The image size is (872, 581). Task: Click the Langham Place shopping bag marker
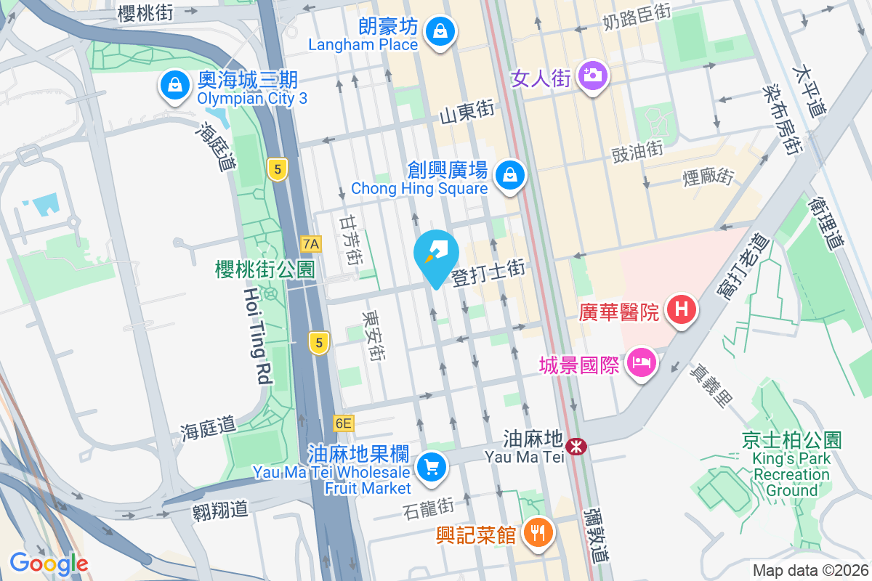440,31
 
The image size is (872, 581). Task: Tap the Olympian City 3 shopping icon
175,85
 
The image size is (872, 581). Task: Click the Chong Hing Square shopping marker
510,175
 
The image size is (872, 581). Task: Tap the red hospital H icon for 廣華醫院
681,309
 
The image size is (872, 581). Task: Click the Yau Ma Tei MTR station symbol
577,446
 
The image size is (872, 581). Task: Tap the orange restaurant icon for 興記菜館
538,534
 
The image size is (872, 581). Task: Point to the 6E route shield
344,423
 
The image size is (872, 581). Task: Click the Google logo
49,563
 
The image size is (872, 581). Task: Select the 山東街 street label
467,113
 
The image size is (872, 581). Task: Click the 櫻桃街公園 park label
265,269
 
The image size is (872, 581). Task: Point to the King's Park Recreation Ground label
791,465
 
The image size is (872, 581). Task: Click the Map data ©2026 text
810,570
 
